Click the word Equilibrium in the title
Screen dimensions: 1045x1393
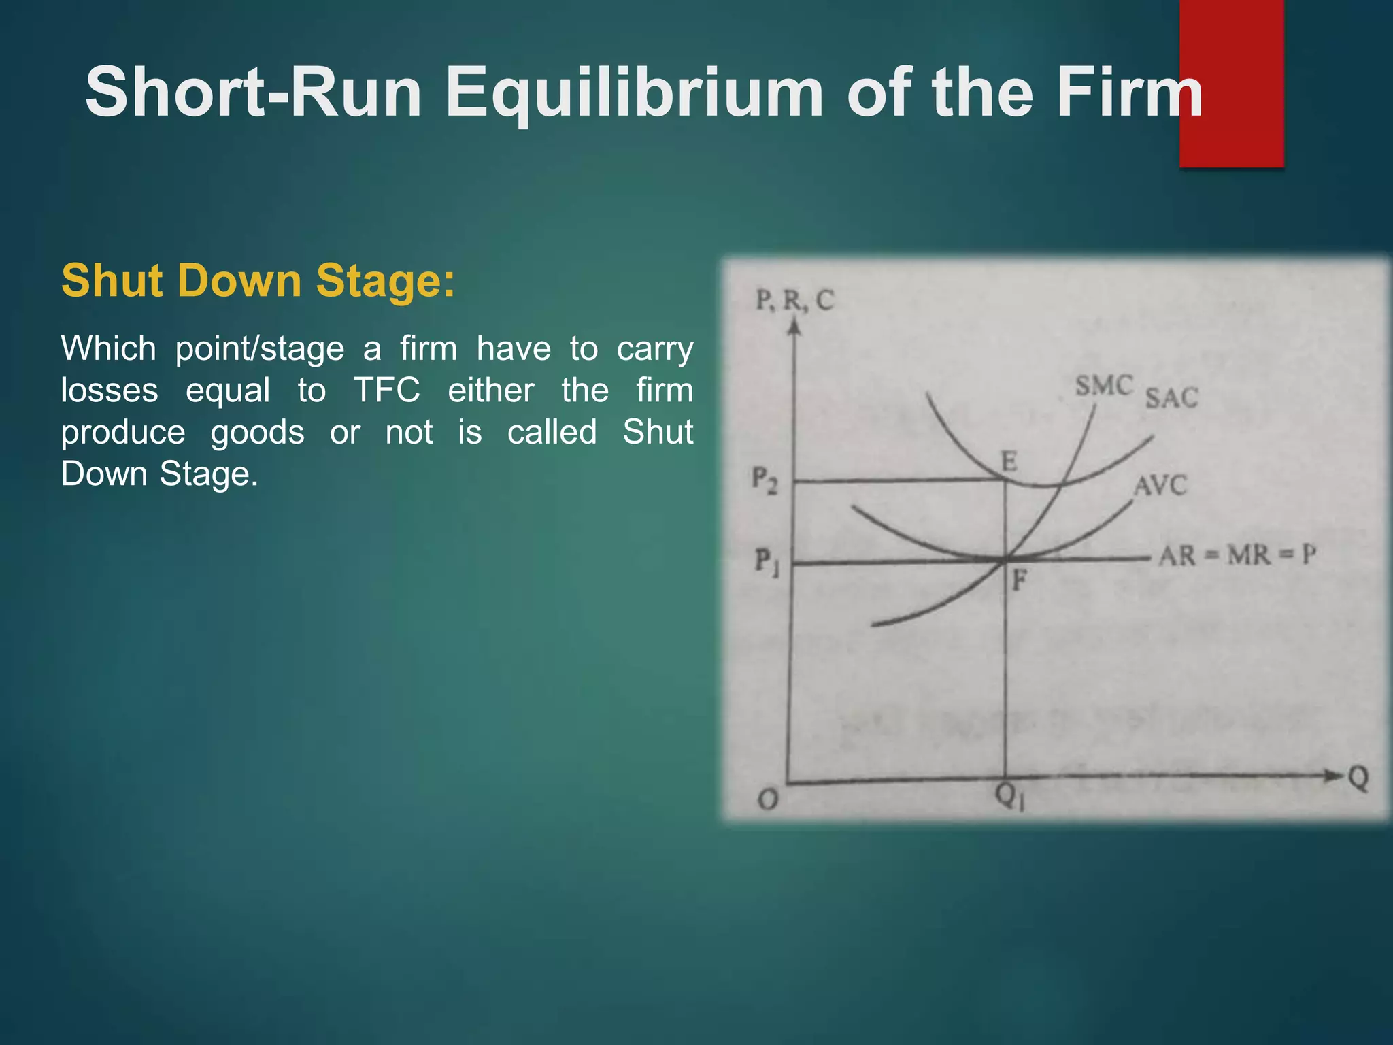[634, 94]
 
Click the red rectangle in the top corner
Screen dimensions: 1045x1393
[1231, 83]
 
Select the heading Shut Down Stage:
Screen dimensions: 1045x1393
[258, 280]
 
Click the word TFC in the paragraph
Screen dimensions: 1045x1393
[386, 391]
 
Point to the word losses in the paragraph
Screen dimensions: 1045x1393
[110, 391]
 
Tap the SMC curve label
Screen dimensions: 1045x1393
[1104, 386]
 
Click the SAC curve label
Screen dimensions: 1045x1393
[1171, 398]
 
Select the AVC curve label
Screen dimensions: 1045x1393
[1160, 486]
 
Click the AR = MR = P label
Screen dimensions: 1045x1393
[1237, 556]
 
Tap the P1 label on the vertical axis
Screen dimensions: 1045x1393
[766, 562]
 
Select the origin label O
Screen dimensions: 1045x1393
[768, 799]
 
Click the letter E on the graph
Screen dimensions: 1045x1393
[1009, 462]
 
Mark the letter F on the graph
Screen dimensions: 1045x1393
[1018, 581]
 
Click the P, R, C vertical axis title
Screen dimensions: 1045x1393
[794, 300]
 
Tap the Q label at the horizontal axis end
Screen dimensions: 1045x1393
[1358, 778]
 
